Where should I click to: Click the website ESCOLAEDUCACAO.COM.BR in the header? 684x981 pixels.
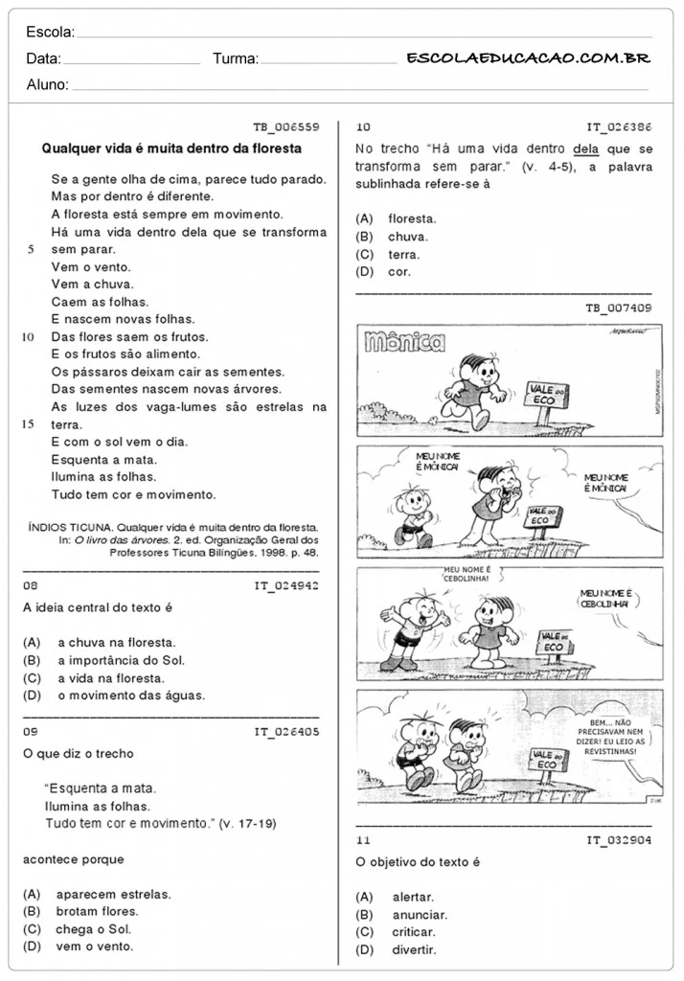(x=528, y=58)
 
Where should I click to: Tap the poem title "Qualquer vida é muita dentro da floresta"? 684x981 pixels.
(x=171, y=148)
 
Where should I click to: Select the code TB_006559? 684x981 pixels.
(x=285, y=126)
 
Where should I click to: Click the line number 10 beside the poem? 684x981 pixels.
(x=28, y=336)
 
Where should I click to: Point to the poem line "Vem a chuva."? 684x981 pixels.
(x=92, y=285)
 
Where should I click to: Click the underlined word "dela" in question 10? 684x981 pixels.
(x=584, y=148)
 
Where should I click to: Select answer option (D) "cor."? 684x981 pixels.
(x=399, y=271)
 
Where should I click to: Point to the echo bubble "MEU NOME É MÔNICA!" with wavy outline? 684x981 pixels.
(x=605, y=483)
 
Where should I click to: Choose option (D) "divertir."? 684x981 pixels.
(x=413, y=949)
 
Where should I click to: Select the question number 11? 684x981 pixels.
(x=363, y=840)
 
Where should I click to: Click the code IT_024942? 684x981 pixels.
(x=285, y=584)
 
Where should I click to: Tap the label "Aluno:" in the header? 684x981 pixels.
(x=47, y=84)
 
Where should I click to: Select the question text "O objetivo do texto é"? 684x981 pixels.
(x=418, y=861)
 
